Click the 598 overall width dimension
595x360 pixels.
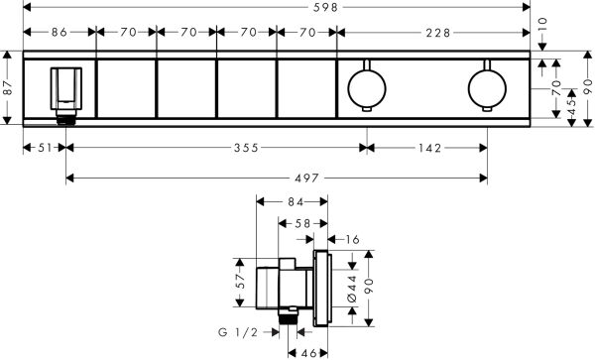[x=297, y=9]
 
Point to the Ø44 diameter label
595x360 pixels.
[x=348, y=289]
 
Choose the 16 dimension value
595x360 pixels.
[x=354, y=239]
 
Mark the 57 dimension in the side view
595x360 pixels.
[x=239, y=282]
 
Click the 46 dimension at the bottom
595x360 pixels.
[x=309, y=351]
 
